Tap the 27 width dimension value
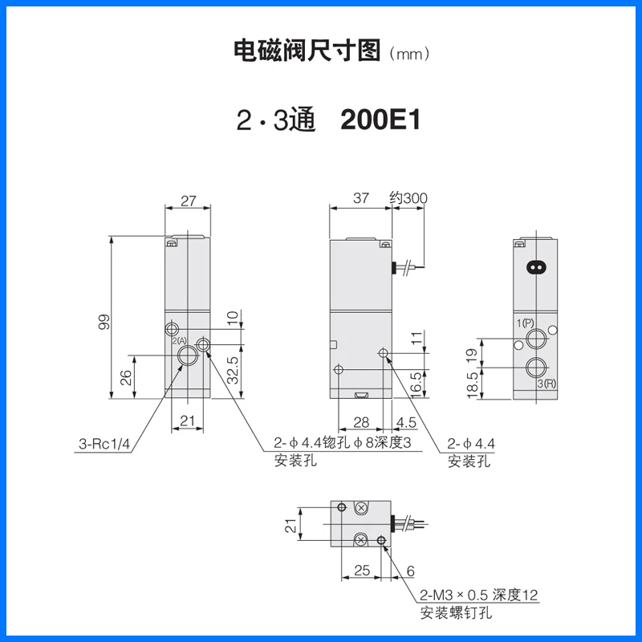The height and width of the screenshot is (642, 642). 189,202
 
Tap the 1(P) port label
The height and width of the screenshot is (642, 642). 526,323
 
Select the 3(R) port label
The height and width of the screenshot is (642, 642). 546,384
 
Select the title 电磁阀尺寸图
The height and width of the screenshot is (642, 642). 307,52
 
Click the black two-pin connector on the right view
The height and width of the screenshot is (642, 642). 535,267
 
